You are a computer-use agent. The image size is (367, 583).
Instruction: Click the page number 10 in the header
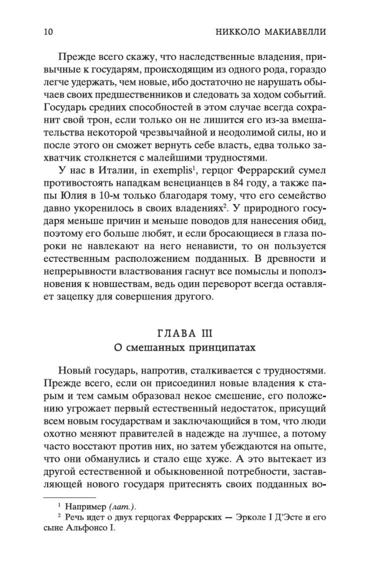(x=48, y=32)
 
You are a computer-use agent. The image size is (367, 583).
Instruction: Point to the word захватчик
(x=66, y=158)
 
